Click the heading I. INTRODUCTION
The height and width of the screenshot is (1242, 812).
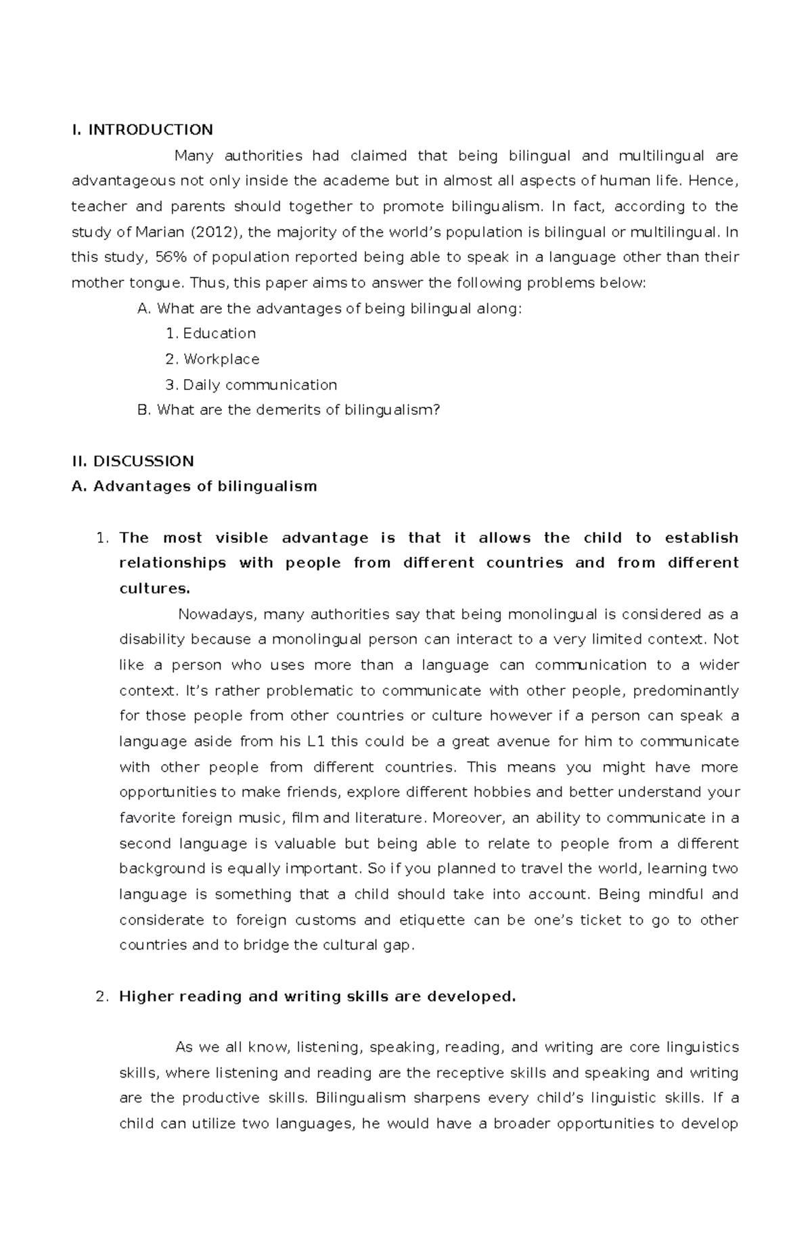(142, 129)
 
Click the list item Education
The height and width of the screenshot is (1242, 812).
(219, 334)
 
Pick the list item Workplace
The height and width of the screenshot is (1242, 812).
(221, 359)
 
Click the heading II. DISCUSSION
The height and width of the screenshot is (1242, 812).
(133, 462)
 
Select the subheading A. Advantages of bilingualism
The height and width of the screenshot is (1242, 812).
(194, 487)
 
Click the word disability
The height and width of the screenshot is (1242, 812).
(152, 640)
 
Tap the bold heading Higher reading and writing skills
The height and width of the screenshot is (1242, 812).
(317, 997)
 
